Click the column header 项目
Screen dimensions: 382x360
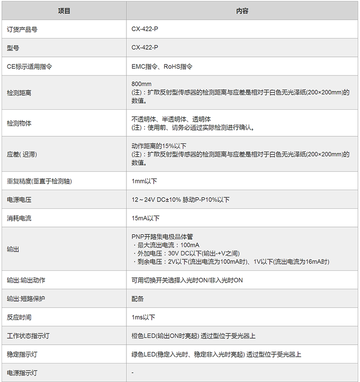(64, 11)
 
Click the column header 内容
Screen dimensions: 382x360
(242, 11)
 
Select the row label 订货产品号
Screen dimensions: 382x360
(23, 30)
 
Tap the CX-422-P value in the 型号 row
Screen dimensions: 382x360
(145, 48)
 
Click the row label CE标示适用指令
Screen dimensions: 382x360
(30, 66)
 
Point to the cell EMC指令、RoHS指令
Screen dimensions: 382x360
(162, 66)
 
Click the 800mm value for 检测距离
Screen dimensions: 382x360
(142, 84)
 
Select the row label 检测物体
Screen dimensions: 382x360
(19, 123)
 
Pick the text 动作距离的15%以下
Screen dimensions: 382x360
(159, 146)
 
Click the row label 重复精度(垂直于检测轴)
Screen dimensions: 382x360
(39, 182)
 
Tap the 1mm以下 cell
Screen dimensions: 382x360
(144, 182)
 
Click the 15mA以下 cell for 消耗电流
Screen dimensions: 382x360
(146, 218)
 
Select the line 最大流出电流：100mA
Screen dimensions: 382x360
(167, 245)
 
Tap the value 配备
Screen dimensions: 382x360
(138, 299)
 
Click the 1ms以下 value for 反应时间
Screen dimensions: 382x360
(143, 317)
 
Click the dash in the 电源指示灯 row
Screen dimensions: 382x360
(133, 373)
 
